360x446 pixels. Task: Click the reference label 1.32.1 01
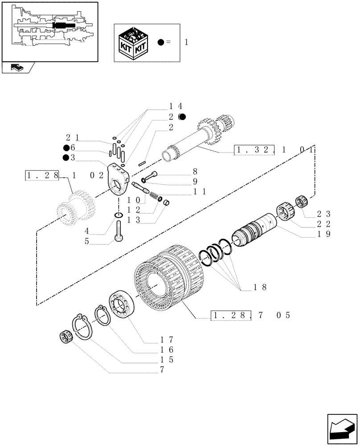pyautogui.click(x=274, y=151)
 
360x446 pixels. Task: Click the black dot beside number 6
pyautogui.click(x=66, y=148)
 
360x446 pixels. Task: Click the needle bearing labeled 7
pyautogui.click(x=66, y=337)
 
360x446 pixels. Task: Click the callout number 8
pyautogui.click(x=195, y=171)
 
